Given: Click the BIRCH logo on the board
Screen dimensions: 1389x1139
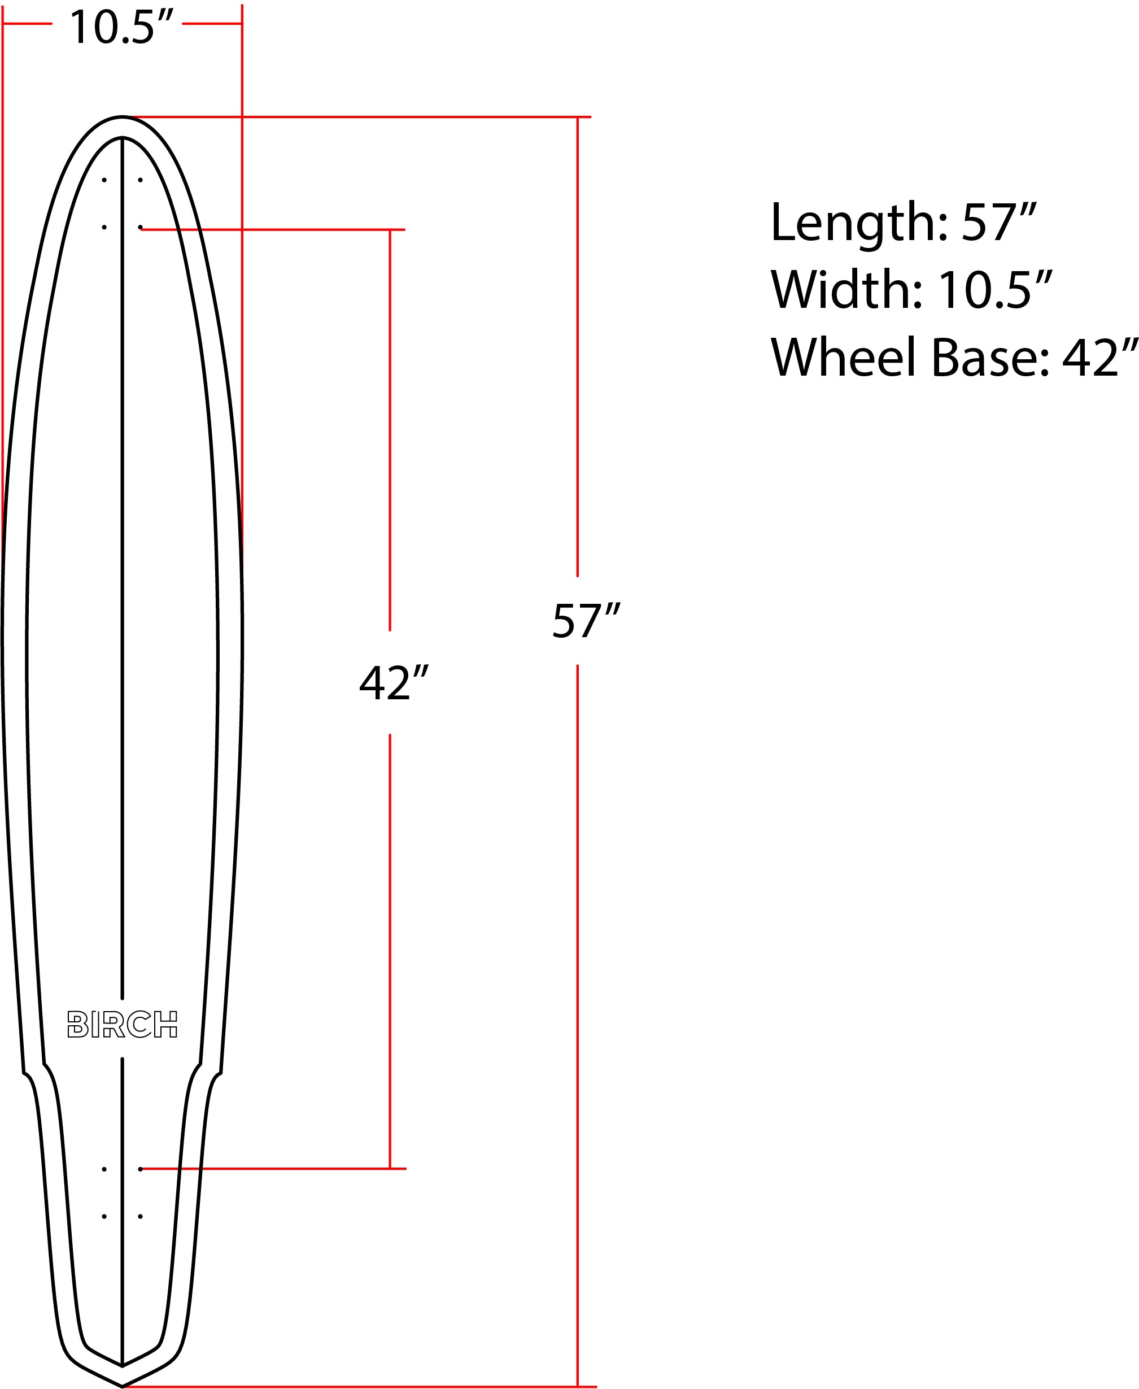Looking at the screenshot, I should (122, 1024).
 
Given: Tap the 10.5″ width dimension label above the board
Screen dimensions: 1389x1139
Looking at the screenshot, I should (121, 28).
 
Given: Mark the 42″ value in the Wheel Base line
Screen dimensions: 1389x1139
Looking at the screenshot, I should (1099, 358).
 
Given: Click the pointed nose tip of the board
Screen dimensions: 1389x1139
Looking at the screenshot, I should (122, 117).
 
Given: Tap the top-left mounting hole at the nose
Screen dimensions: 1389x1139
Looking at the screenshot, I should (104, 180).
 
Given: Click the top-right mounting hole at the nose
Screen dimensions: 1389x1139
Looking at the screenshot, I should (141, 180).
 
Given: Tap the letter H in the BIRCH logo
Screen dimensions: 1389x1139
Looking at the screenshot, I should (165, 1024).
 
